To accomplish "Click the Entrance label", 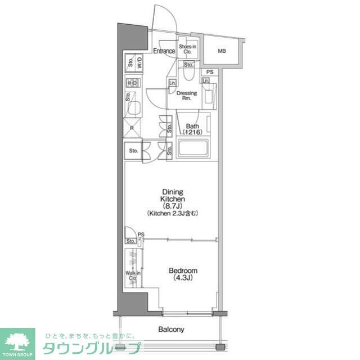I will pyautogui.click(x=164, y=51).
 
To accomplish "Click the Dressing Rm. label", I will pyautogui.click(x=187, y=96).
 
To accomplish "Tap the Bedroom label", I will pyautogui.click(x=183, y=274).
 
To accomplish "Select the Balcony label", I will pyautogui.click(x=171, y=330).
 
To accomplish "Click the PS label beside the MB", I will pyautogui.click(x=210, y=72).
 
